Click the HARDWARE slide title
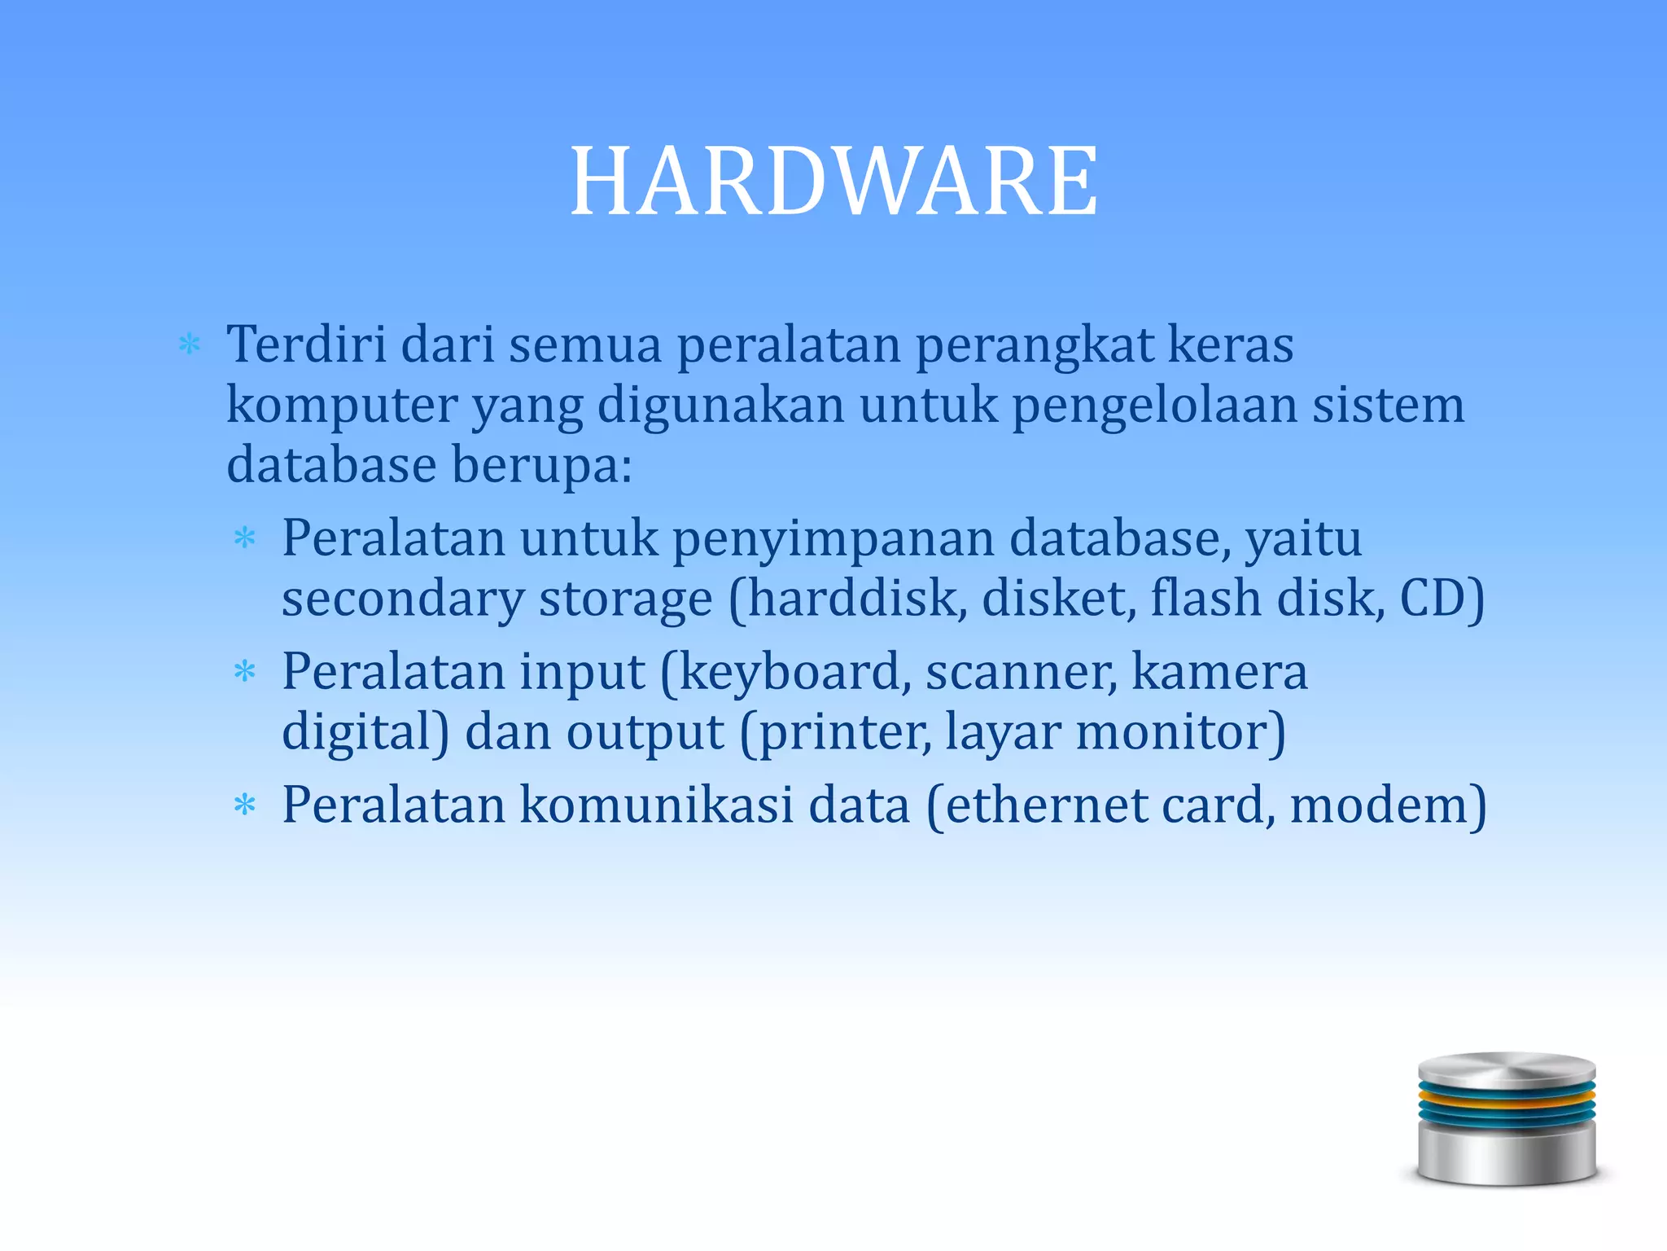tap(833, 181)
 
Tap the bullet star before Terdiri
tap(189, 345)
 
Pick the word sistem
tap(1388, 405)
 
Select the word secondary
tap(403, 600)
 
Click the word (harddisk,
tap(847, 600)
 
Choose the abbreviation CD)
tap(1442, 599)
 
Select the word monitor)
tap(1180, 732)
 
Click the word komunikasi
tap(656, 805)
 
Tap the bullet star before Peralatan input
tap(244, 672)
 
